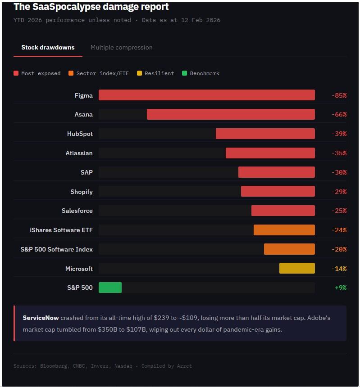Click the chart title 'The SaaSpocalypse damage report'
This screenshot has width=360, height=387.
[91, 7]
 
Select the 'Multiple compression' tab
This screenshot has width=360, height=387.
[121, 47]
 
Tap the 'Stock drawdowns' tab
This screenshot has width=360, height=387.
[48, 47]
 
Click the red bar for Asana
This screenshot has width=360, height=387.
[231, 114]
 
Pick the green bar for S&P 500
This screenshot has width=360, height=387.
[110, 288]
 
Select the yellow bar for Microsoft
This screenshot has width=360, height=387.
[297, 269]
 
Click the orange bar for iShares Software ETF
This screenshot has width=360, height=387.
[284, 230]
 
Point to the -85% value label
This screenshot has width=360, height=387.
[339, 95]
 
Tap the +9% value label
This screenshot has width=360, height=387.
[340, 288]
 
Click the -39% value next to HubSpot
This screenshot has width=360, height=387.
[339, 134]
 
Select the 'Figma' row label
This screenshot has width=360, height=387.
[83, 95]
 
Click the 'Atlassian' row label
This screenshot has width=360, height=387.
[79, 153]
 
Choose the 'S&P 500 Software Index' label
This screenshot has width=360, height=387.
[56, 249]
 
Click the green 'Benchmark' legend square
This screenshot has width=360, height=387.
[184, 73]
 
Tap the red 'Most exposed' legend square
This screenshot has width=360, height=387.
[16, 73]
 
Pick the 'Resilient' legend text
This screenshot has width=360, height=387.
[159, 73]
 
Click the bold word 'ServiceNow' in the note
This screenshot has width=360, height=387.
[41, 318]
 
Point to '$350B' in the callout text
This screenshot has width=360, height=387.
[107, 329]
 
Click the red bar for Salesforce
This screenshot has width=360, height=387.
[283, 211]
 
